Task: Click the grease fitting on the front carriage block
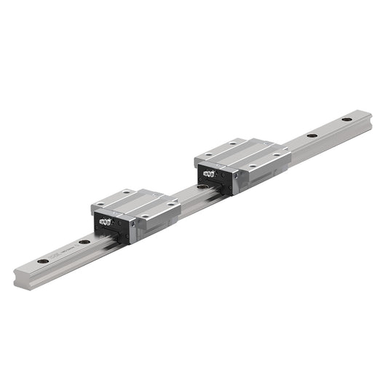tap(106, 221)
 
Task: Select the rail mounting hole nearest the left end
tap(44, 260)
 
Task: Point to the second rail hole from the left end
tap(84, 242)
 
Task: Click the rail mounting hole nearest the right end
tap(347, 119)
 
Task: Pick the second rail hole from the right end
tap(312, 135)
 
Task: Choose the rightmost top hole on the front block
tap(170, 205)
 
